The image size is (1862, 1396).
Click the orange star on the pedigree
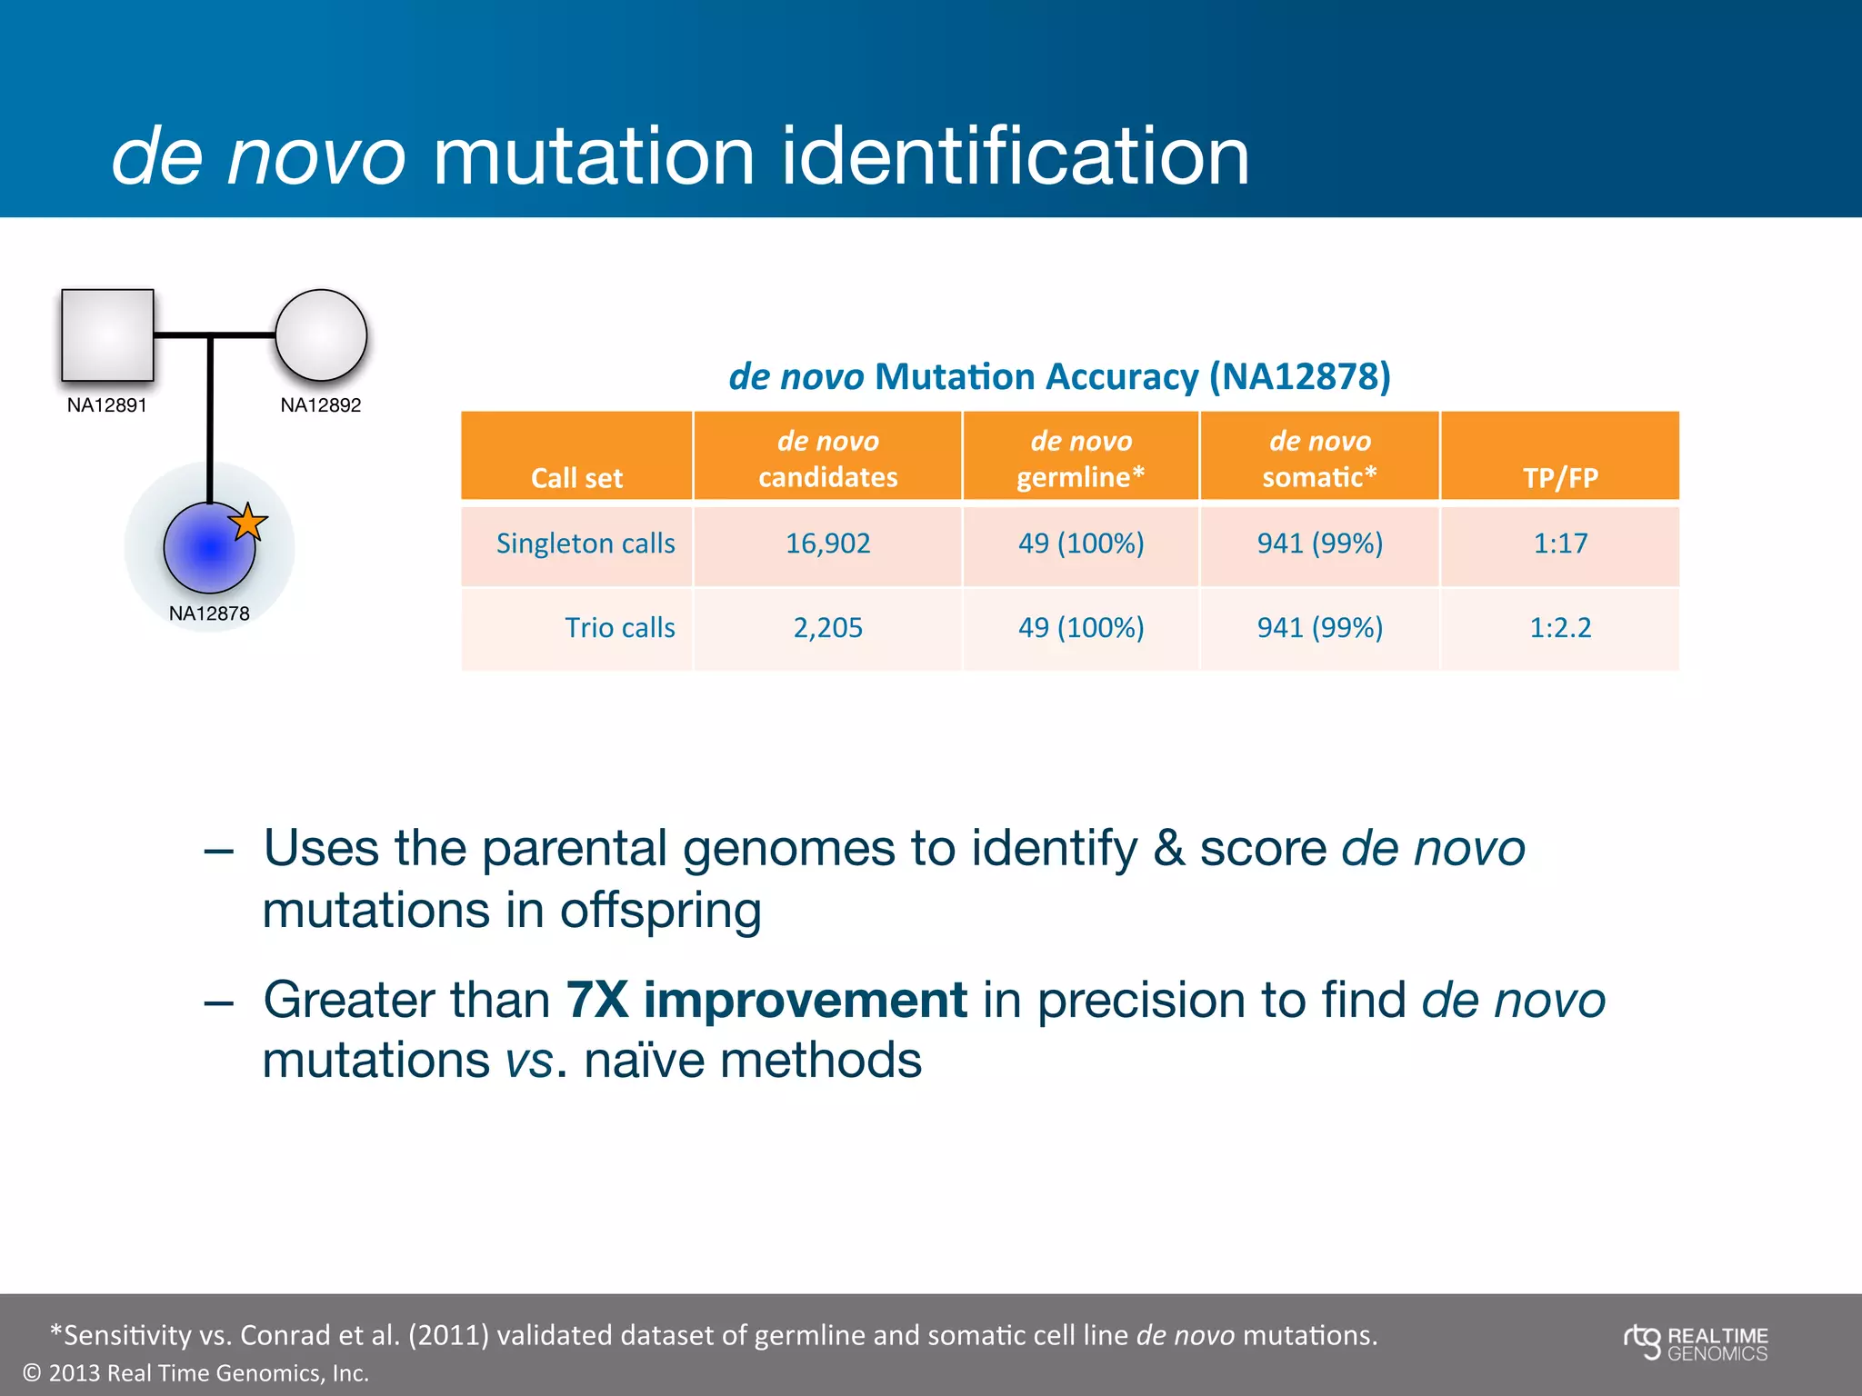247,523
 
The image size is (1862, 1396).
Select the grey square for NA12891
107,334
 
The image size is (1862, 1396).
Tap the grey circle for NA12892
321,334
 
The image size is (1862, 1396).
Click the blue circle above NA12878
208,549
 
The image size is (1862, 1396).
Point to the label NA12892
320,405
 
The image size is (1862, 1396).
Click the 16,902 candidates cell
827,543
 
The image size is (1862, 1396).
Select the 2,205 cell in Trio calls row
827,628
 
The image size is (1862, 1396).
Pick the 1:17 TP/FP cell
1560,543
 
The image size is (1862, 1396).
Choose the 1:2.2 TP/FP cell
1560,628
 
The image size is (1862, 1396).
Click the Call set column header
576,478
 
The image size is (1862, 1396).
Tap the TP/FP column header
1560,478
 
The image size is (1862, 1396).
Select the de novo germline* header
1080,458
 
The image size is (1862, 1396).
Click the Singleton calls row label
586,543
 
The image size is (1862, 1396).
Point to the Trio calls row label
619,628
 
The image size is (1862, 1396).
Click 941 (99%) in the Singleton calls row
1319,543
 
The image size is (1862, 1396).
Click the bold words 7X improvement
766,1000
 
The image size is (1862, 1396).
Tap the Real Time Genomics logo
1696,1343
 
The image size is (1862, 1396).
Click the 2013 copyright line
195,1373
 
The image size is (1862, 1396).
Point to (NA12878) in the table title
1299,376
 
